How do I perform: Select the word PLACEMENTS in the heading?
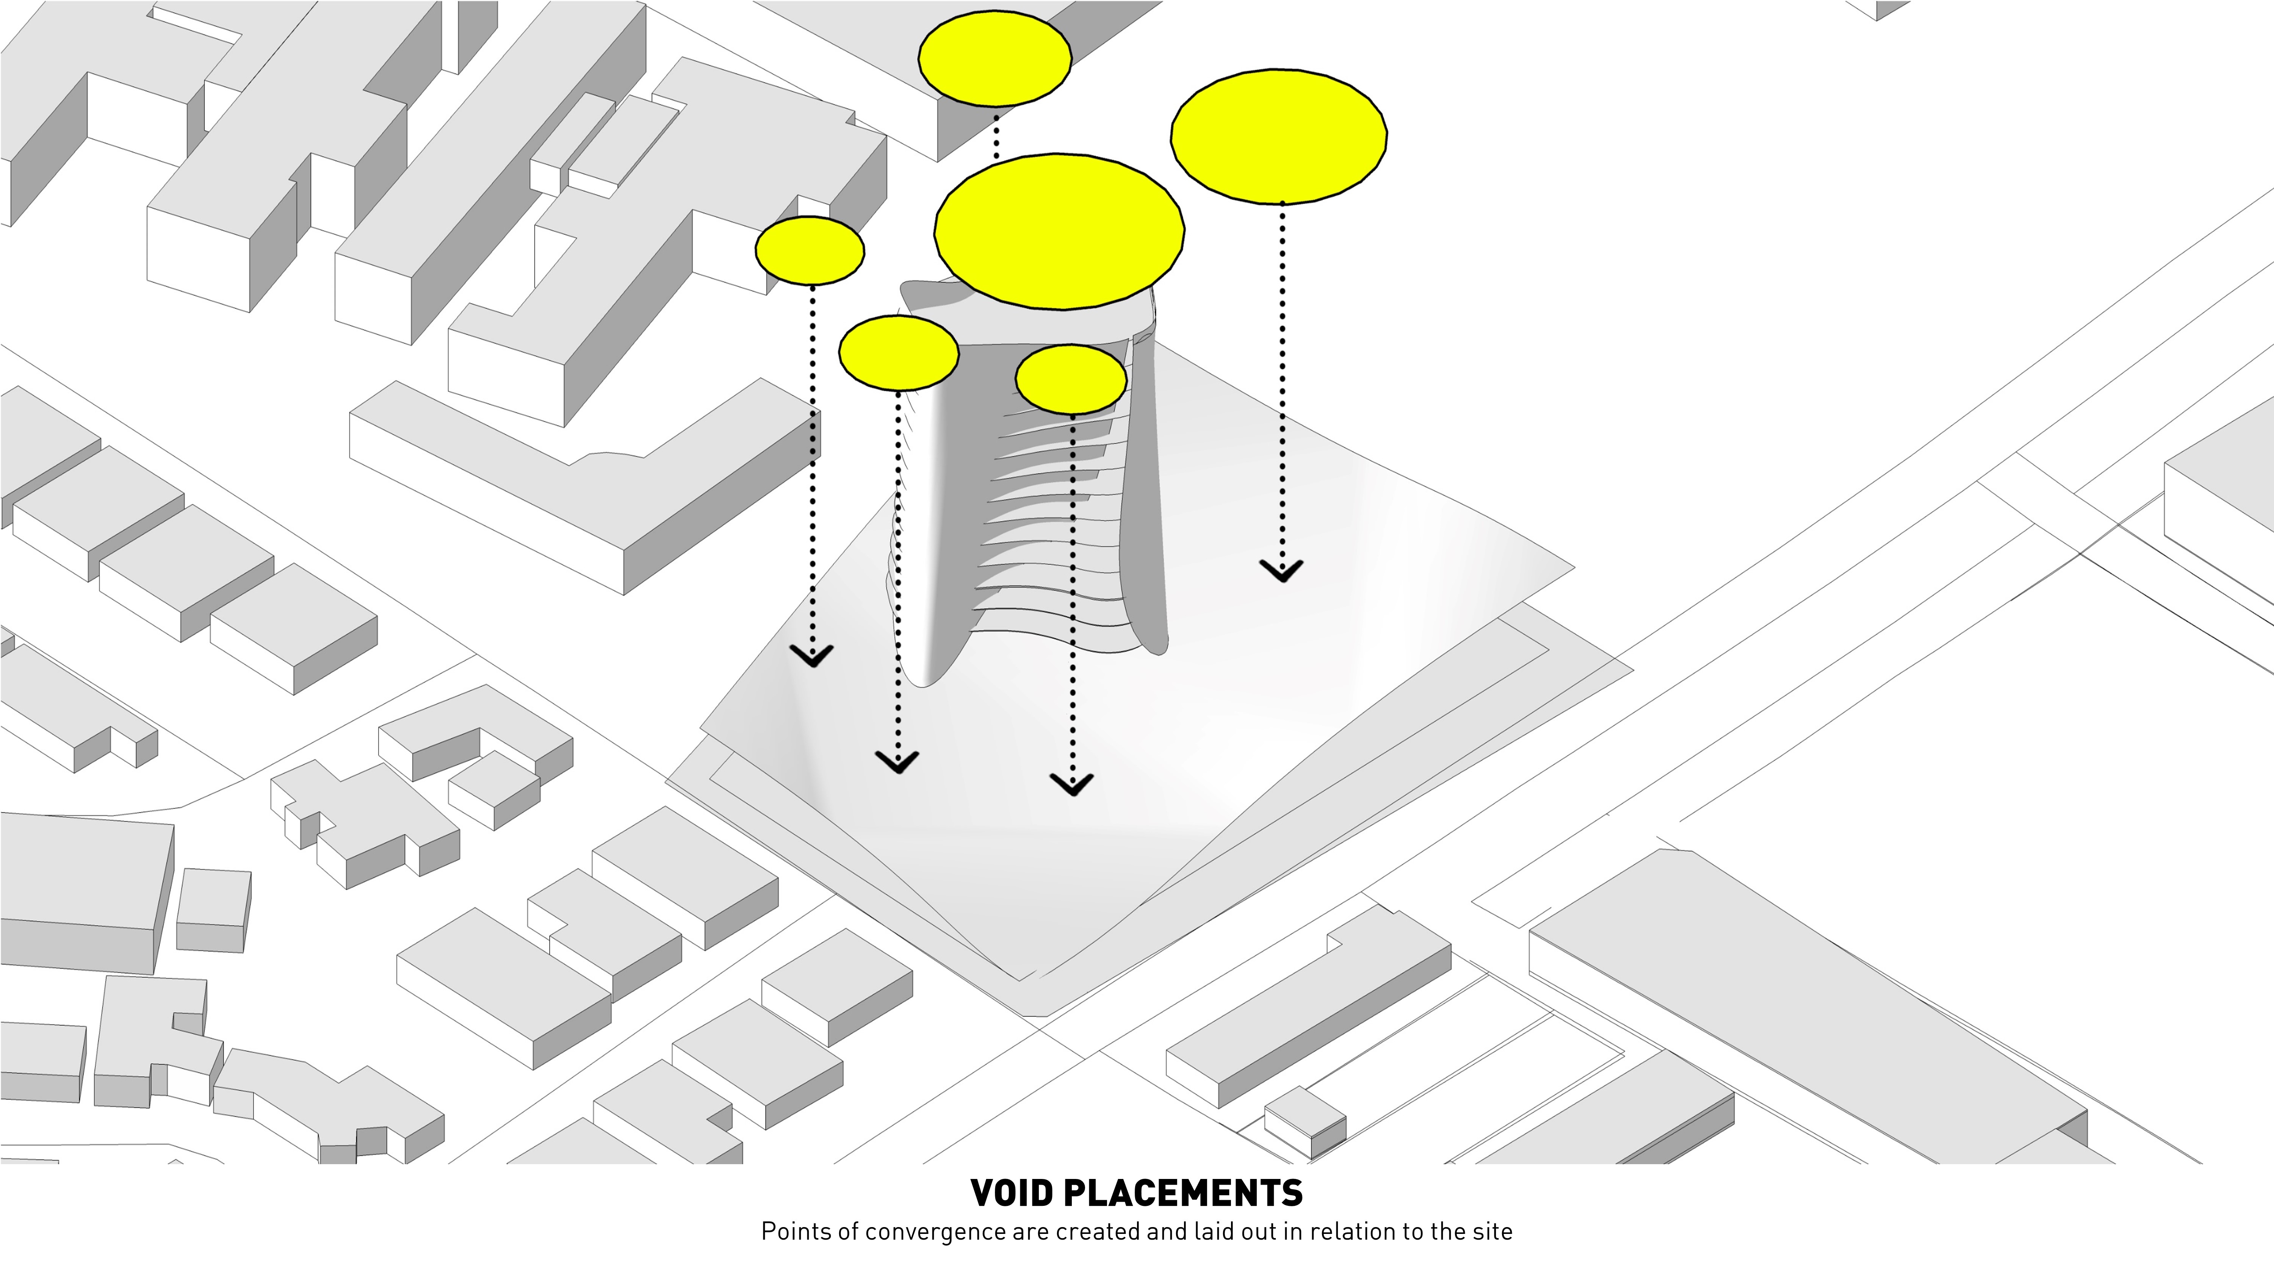point(1183,1193)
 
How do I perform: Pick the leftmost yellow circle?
point(810,250)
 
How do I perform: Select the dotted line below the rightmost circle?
point(1282,380)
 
